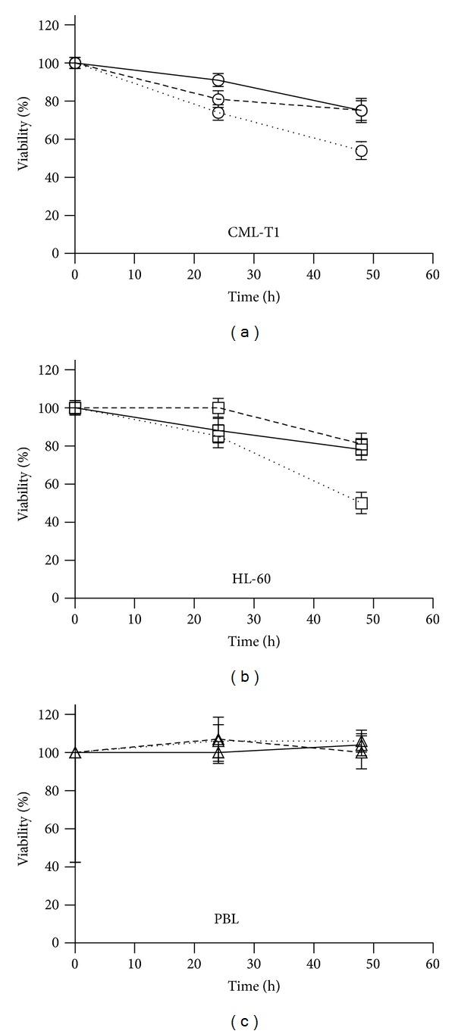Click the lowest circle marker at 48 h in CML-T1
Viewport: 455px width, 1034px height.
362,151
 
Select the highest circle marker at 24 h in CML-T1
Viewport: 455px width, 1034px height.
218,80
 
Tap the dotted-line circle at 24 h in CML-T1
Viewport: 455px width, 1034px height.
218,113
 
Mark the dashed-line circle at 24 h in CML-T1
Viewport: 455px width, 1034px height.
218,99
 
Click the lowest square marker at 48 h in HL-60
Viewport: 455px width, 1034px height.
362,503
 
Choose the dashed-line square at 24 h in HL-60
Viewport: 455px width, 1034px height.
218,408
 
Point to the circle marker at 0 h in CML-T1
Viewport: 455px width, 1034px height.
75,63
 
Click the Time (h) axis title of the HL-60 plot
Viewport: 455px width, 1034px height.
254,642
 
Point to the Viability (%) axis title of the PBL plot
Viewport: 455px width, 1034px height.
24,829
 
